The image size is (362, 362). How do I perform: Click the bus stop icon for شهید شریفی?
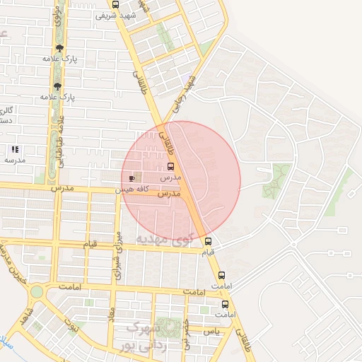[116, 4]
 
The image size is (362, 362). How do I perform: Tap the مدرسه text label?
[15, 160]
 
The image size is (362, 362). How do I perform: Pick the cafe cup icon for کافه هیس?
[132, 179]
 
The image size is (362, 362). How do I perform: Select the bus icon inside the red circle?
[170, 166]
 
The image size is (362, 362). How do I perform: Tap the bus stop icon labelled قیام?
[207, 241]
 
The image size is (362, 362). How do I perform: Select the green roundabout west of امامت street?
[36, 291]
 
